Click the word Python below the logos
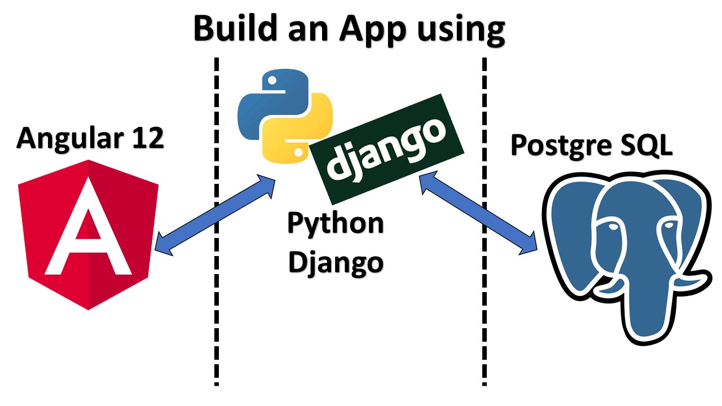pyautogui.click(x=335, y=224)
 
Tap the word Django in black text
pyautogui.click(x=335, y=262)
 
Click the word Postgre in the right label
pyautogui.click(x=562, y=145)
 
